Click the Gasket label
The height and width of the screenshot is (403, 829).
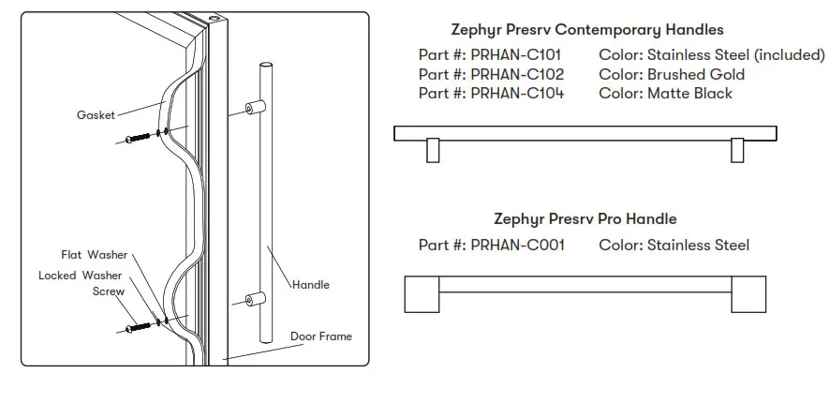(96, 115)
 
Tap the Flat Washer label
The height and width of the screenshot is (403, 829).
(94, 255)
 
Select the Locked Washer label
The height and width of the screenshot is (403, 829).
(81, 276)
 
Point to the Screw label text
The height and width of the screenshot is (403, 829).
(109, 291)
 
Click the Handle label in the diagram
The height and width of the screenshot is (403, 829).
(311, 284)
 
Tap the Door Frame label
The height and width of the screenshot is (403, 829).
(320, 336)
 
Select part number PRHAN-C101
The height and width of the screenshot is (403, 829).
(517, 55)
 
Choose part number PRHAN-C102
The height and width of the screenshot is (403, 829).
(517, 74)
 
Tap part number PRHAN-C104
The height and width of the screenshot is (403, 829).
(517, 93)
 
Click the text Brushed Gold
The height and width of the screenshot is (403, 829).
(696, 74)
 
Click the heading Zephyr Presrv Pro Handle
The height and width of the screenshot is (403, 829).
(585, 219)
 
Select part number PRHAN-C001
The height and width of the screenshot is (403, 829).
(517, 246)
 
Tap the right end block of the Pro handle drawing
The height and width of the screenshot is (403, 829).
(751, 294)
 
